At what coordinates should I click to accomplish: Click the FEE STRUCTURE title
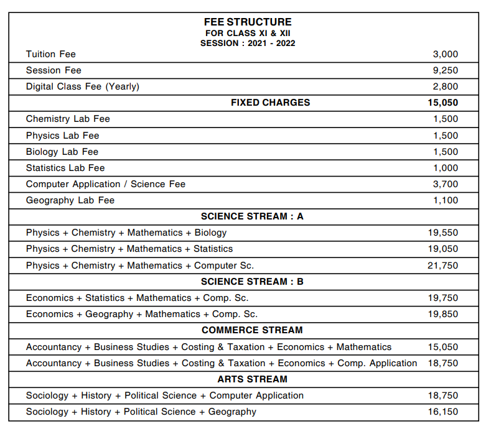coord(248,22)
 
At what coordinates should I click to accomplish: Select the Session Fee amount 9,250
coord(445,70)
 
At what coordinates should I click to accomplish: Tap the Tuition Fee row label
coord(51,54)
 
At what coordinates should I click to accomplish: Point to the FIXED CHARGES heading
coord(270,103)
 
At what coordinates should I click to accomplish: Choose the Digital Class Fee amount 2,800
coord(445,86)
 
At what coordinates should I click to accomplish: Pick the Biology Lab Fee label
coord(62,152)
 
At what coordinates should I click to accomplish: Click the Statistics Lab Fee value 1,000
coord(445,168)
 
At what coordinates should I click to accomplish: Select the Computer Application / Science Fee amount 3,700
coord(445,184)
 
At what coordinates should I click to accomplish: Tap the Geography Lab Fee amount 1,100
coord(445,200)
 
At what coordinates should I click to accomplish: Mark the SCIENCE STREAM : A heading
coord(252,216)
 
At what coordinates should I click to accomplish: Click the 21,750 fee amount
coord(442,265)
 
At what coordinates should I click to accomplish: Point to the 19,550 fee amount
coord(442,233)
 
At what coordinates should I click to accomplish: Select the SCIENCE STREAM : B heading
coord(252,282)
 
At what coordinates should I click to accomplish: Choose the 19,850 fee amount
coord(442,314)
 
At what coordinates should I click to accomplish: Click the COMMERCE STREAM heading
coord(252,330)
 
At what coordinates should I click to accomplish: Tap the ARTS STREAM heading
coord(252,379)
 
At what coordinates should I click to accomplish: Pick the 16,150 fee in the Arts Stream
coord(442,412)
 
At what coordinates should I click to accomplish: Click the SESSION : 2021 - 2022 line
coord(248,44)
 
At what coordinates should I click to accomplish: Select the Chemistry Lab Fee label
coord(68,119)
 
